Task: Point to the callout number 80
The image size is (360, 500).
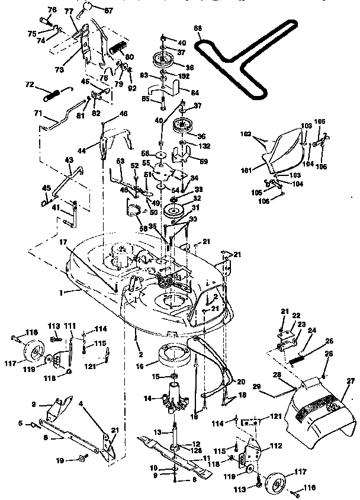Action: (130, 56)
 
